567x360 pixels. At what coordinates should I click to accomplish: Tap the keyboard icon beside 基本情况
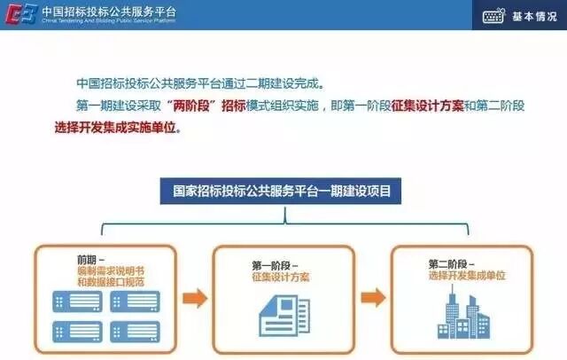[x=493, y=16]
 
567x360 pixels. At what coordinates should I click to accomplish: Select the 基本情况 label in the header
[x=533, y=16]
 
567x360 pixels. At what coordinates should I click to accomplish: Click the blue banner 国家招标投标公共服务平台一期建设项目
[x=281, y=189]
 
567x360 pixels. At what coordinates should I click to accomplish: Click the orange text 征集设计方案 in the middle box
[x=280, y=277]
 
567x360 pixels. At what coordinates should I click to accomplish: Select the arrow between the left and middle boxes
[x=193, y=295]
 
